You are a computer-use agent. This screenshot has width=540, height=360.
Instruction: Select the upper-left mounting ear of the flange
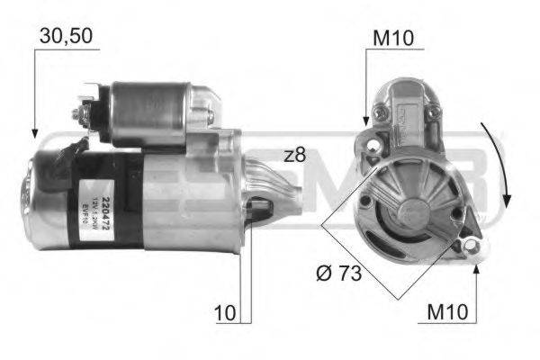point(368,141)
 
